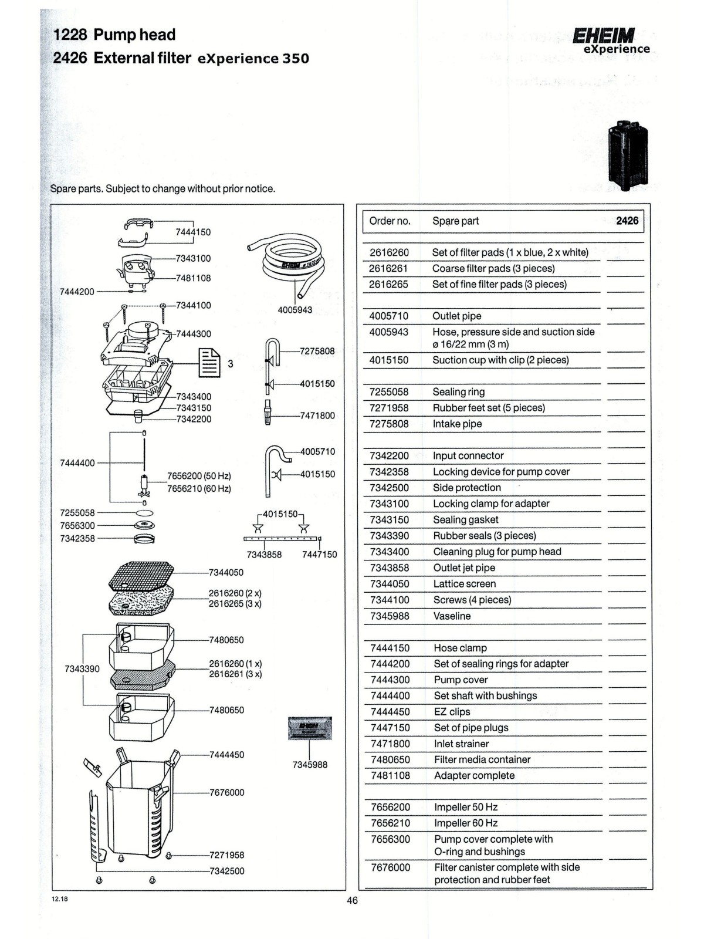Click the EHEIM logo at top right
pyautogui.click(x=604, y=36)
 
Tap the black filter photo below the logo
pyautogui.click(x=628, y=154)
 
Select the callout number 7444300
pyautogui.click(x=194, y=334)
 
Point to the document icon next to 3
pyautogui.click(x=209, y=363)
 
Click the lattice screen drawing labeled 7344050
pyautogui.click(x=142, y=576)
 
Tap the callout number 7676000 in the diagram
pyautogui.click(x=227, y=792)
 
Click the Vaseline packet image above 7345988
pyautogui.click(x=310, y=728)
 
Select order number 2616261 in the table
pyautogui.click(x=388, y=268)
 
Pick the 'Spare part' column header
pyautogui.click(x=455, y=221)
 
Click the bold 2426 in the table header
pyautogui.click(x=627, y=221)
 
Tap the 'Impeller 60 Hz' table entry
pyautogui.click(x=466, y=823)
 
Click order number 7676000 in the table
pyautogui.click(x=390, y=867)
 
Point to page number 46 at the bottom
pyautogui.click(x=352, y=900)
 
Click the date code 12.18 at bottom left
pyautogui.click(x=60, y=899)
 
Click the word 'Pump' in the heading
pyautogui.click(x=114, y=35)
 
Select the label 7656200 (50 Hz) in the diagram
pyautogui.click(x=199, y=476)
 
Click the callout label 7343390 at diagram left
pyautogui.click(x=82, y=668)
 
